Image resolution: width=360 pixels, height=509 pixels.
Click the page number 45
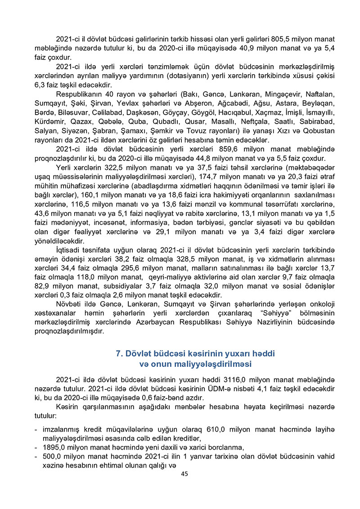(184, 474)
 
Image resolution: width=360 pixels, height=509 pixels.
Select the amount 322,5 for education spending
(108, 168)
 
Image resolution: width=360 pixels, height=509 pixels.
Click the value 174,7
(204, 177)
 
